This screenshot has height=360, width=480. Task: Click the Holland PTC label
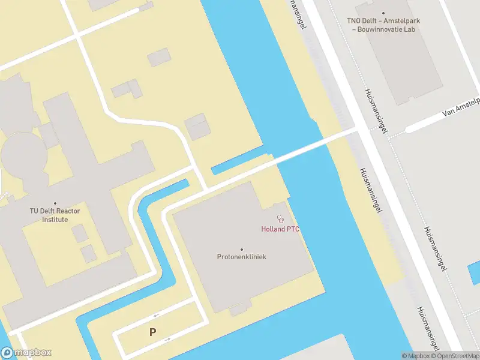(x=280, y=229)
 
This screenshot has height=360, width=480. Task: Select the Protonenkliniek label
(x=242, y=257)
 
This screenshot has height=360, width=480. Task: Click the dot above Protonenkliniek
(x=242, y=249)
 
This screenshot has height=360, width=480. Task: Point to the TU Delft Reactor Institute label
(x=55, y=215)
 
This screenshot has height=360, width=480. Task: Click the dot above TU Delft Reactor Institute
(x=55, y=203)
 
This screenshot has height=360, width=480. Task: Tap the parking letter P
(x=153, y=332)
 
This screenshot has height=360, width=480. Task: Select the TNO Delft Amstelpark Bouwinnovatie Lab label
(x=383, y=25)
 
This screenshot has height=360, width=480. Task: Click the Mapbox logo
(x=26, y=353)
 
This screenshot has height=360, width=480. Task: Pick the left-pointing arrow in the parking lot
(x=157, y=316)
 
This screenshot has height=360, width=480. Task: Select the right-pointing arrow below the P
(x=167, y=340)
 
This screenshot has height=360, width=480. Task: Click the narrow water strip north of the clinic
(x=240, y=163)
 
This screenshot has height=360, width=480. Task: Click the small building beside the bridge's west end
(x=197, y=128)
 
